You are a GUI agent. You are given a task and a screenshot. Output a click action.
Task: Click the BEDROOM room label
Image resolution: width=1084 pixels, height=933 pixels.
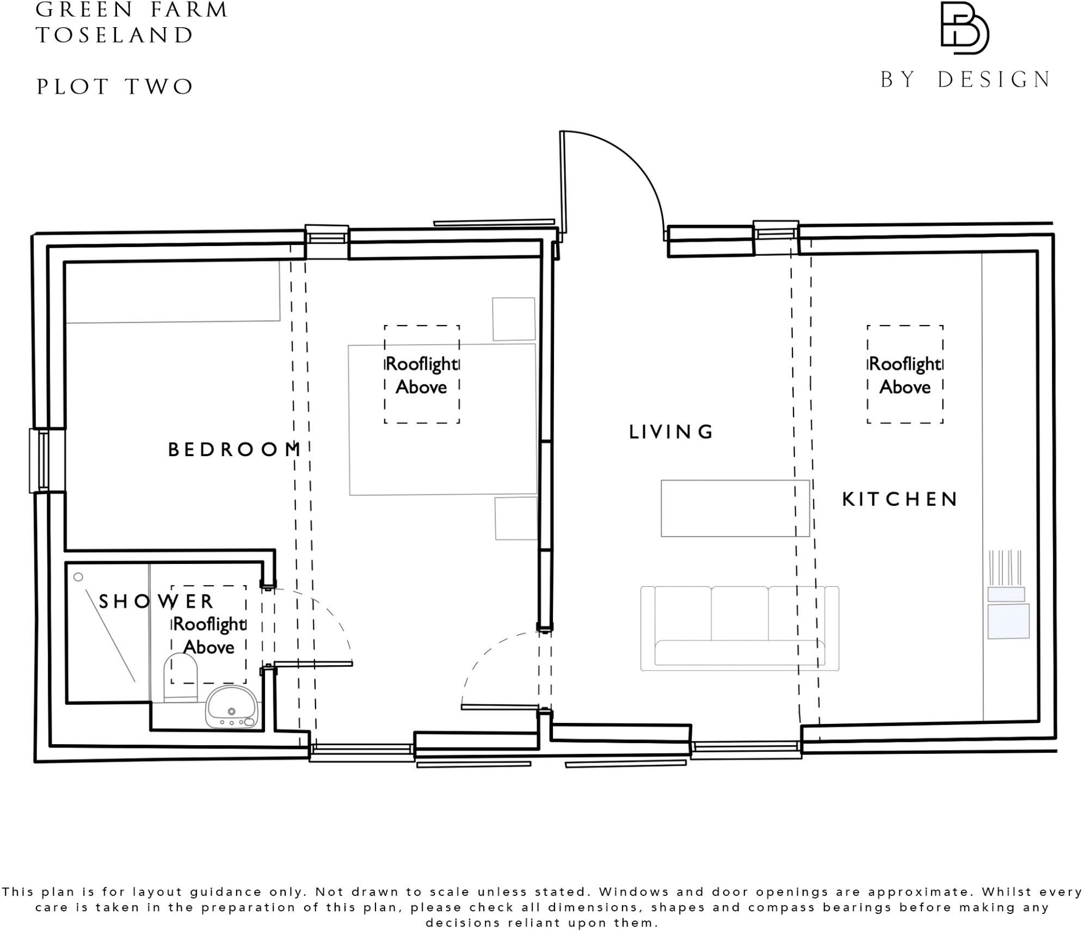(x=234, y=450)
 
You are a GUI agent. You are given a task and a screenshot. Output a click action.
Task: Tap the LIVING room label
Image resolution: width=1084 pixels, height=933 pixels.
(x=670, y=432)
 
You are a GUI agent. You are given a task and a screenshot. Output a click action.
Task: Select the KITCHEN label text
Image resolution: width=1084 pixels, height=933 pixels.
(x=900, y=499)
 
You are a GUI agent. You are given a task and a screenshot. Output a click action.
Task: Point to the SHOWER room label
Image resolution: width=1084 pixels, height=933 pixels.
(x=156, y=601)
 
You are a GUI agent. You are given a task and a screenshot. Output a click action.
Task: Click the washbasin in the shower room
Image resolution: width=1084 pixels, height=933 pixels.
(x=231, y=707)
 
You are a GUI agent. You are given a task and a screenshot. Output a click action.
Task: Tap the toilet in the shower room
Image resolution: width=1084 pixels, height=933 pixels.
(x=180, y=676)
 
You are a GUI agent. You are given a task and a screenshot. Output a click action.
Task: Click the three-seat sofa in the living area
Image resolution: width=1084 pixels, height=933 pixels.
(x=740, y=628)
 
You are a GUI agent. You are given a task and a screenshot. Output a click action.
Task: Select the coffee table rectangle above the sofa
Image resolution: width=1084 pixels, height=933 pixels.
(x=735, y=508)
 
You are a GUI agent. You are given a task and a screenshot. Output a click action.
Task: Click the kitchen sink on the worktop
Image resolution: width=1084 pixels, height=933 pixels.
(x=1008, y=621)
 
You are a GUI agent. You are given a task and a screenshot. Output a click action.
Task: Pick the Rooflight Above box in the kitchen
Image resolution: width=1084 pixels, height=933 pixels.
(x=904, y=375)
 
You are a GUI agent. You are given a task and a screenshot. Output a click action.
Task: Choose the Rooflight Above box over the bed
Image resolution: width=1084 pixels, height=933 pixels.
(x=422, y=375)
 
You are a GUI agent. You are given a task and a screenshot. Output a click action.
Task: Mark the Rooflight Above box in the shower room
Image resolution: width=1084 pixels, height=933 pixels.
(x=208, y=634)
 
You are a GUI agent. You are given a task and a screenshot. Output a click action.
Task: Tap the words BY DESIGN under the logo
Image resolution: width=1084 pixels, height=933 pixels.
(x=965, y=80)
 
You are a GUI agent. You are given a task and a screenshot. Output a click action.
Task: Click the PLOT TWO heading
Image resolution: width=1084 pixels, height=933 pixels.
(x=115, y=87)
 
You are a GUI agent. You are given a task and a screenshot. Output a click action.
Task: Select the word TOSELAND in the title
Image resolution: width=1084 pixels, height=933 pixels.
(x=115, y=36)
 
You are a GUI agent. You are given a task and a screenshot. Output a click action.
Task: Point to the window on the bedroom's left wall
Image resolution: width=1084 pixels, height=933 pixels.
(x=40, y=460)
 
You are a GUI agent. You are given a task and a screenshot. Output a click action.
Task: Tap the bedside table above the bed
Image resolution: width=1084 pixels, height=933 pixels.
(x=513, y=319)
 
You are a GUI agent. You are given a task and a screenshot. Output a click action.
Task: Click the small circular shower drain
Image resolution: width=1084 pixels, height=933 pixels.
(x=78, y=576)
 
